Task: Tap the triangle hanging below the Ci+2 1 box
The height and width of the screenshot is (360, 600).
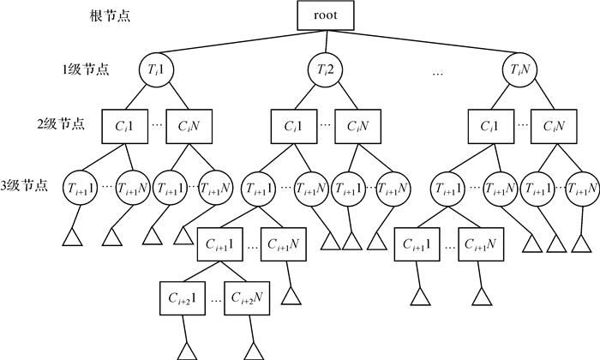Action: click(186, 350)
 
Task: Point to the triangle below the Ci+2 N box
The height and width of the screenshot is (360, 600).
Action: click(252, 350)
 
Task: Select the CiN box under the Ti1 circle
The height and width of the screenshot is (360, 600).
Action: click(189, 124)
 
